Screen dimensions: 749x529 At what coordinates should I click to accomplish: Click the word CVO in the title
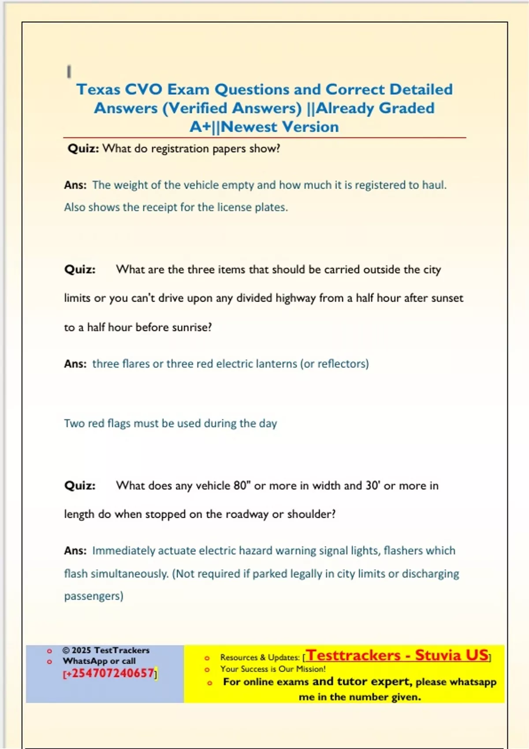point(143,89)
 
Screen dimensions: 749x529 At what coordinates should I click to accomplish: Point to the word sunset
point(447,298)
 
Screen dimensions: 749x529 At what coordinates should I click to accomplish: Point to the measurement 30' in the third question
point(373,486)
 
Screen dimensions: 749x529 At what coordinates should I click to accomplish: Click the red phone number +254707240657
point(110,674)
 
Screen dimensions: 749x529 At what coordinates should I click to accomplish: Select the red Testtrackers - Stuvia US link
point(397,655)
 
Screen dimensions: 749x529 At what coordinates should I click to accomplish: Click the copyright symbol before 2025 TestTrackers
point(66,650)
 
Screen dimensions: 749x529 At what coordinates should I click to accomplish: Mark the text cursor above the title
point(69,71)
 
